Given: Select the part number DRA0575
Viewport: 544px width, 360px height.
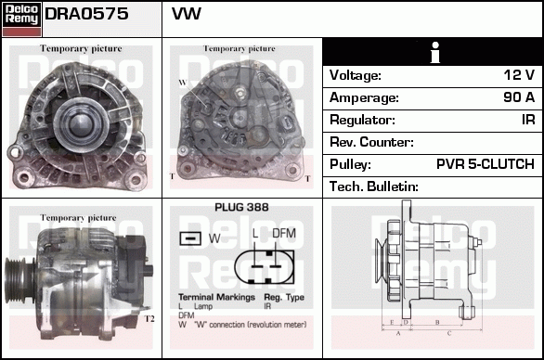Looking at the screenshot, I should [86, 16].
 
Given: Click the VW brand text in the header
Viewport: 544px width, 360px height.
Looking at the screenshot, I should [187, 16].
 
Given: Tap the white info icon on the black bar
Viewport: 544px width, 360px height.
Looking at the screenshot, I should [433, 52].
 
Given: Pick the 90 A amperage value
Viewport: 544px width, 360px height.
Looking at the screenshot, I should [518, 97].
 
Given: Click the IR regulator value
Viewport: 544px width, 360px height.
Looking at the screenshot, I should [526, 120].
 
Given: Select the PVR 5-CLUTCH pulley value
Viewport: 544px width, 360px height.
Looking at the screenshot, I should [485, 164].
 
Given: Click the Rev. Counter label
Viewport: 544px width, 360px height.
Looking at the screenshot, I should [371, 142].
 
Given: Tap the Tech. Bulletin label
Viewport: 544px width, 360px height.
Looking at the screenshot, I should [374, 186].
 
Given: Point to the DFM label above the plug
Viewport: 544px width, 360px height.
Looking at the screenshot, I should [283, 233].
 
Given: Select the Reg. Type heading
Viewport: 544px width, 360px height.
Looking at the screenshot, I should [284, 296].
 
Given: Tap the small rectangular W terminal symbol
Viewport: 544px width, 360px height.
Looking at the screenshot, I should [191, 238].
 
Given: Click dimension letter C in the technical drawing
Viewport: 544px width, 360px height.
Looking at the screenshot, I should [449, 331].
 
